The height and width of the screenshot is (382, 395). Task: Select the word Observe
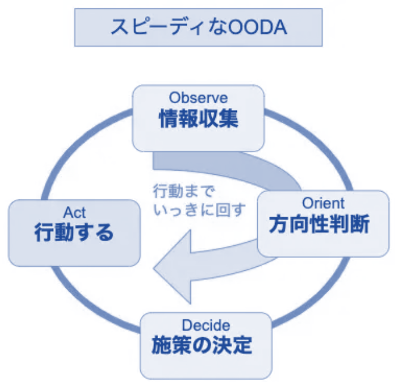[x=198, y=97]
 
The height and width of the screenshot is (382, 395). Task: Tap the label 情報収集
[x=198, y=119]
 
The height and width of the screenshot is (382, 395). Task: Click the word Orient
[x=323, y=203]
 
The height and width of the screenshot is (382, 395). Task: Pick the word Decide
[x=206, y=325]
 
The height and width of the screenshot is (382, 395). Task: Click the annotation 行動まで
[x=183, y=191]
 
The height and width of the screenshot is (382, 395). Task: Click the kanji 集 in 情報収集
[x=229, y=119]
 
